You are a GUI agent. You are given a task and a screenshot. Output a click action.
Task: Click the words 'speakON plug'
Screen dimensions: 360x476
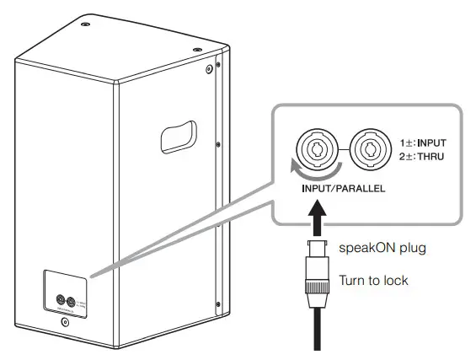(381, 249)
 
